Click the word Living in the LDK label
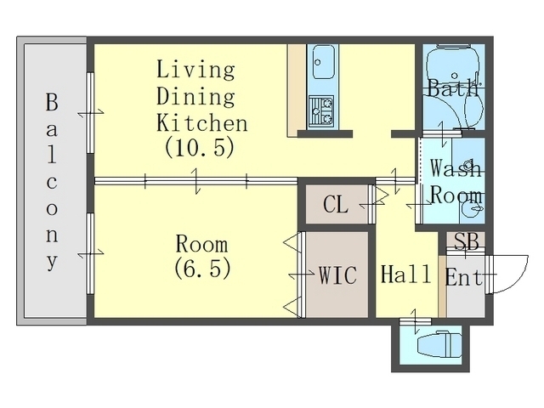[195, 70]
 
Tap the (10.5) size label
[200, 147]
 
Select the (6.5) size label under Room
[202, 268]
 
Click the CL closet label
[336, 205]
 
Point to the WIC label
[337, 275]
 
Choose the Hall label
[406, 274]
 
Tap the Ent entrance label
[464, 278]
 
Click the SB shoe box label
[467, 241]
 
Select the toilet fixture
[439, 345]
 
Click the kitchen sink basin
[324, 63]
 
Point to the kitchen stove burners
[321, 111]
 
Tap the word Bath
[453, 88]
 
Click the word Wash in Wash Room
[456, 168]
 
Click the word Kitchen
[202, 122]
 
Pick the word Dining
[195, 96]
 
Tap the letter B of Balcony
[52, 102]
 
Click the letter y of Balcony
[52, 262]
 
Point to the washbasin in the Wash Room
[471, 209]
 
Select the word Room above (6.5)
[202, 244]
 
